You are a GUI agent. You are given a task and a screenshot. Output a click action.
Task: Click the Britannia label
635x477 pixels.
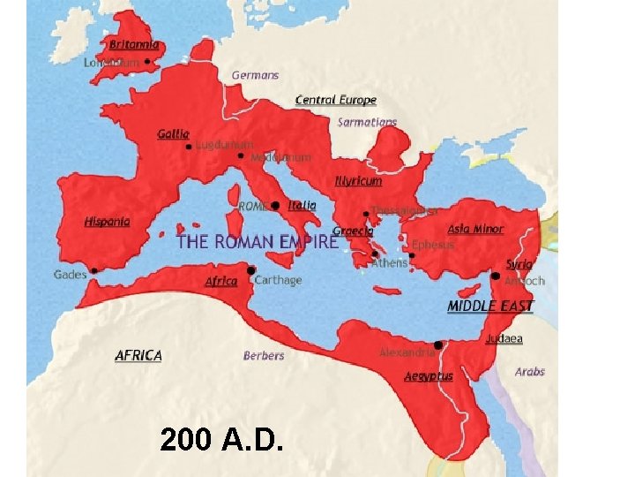click(135, 44)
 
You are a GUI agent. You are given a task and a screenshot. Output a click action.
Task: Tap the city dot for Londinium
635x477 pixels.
click(148, 62)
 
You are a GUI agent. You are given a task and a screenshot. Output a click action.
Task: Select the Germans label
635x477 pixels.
click(255, 75)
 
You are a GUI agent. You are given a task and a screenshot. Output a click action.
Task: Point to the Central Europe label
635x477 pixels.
click(335, 101)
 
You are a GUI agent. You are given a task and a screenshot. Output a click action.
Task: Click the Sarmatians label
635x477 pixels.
click(367, 122)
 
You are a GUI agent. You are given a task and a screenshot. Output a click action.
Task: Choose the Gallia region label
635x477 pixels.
click(173, 134)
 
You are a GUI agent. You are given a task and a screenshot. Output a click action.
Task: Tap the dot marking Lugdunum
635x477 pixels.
click(189, 147)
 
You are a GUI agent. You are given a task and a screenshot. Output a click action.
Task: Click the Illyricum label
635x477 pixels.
click(358, 181)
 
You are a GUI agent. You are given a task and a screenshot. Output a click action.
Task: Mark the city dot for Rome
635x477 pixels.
click(275, 205)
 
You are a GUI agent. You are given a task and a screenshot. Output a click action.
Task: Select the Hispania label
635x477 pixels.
click(108, 222)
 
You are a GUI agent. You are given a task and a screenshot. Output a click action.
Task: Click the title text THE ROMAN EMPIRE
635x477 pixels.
click(257, 241)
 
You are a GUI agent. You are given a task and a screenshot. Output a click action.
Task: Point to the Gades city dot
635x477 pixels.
click(93, 270)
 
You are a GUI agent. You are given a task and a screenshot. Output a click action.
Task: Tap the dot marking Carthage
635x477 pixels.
click(251, 270)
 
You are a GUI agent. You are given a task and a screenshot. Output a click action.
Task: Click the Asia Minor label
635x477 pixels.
click(475, 230)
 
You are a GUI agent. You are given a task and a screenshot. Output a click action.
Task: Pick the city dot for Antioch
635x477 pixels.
click(496, 276)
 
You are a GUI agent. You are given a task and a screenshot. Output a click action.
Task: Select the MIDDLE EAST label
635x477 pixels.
click(490, 307)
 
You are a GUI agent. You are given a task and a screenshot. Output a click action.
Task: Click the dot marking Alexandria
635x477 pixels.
click(438, 344)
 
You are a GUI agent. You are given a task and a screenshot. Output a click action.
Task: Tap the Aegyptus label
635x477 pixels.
click(429, 376)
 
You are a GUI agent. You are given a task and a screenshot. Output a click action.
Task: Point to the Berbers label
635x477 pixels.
click(264, 356)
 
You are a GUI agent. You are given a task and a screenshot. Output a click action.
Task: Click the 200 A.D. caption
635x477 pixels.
click(221, 439)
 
